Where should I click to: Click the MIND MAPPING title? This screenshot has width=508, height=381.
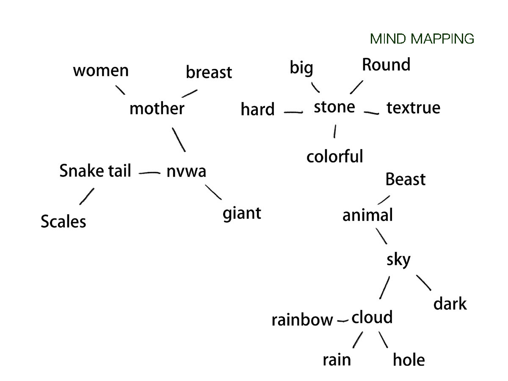[422, 39]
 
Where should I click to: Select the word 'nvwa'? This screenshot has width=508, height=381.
[186, 171]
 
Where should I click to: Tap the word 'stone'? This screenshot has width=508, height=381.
[334, 107]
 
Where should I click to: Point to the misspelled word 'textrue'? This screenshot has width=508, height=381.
[413, 108]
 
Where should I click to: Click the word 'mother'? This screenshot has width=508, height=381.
[157, 109]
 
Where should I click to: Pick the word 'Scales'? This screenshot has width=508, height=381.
[63, 221]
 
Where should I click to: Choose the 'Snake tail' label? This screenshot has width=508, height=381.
[95, 171]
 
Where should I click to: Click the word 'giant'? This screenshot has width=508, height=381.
[242, 213]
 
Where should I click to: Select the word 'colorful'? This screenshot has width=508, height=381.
[335, 157]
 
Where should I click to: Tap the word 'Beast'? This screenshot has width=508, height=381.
[405, 180]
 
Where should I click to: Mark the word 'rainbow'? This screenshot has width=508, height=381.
[302, 320]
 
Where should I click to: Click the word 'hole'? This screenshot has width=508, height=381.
[409, 360]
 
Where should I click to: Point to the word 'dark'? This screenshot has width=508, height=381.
[450, 304]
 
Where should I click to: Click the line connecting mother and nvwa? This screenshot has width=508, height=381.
[179, 139]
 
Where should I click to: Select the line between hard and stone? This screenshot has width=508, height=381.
[293, 112]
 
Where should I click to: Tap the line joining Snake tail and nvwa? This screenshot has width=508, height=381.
[149, 173]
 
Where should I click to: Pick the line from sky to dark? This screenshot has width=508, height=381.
[424, 283]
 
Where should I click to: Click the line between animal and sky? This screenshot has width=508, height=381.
[381, 236]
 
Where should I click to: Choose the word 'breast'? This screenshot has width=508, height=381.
[209, 72]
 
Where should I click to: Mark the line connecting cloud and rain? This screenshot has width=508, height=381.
[358, 340]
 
